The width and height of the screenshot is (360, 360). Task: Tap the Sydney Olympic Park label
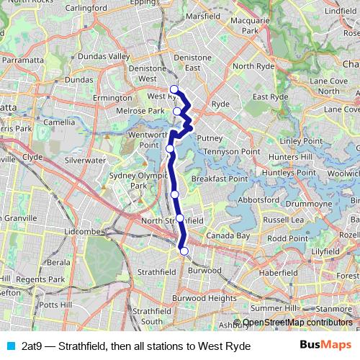127,180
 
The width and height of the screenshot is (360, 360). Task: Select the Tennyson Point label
230,152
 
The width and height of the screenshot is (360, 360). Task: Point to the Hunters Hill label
296,156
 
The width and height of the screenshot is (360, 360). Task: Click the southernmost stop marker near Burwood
184,251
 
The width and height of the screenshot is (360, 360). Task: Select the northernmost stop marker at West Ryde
174,89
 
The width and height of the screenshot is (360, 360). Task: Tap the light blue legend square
9,346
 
